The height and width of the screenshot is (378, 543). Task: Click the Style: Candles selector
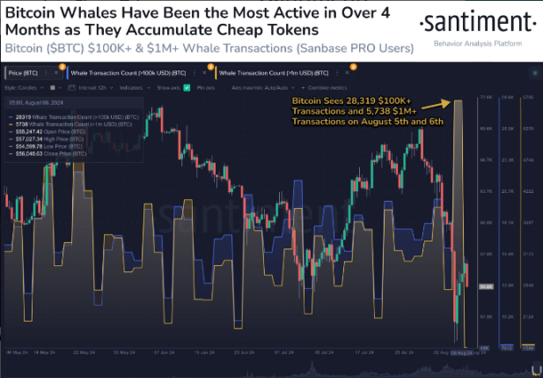(23, 88)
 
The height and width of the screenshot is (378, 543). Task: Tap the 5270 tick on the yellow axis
(528, 128)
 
